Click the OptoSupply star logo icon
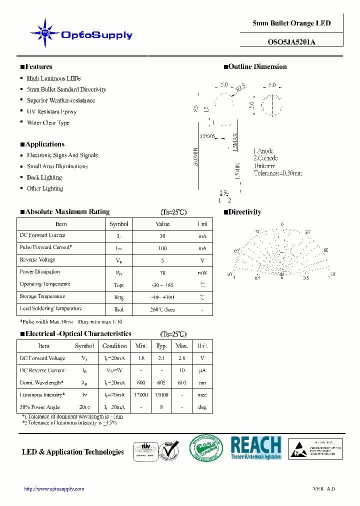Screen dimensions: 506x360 (44, 33)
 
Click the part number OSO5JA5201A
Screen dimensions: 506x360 (291, 42)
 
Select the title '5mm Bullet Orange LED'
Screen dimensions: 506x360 (291, 23)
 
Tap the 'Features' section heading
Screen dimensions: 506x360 (38, 67)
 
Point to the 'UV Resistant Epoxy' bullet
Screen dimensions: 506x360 (51, 111)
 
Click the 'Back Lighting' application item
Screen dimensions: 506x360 (44, 177)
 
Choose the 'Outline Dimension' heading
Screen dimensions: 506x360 (257, 67)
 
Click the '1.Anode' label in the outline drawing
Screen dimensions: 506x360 (263, 151)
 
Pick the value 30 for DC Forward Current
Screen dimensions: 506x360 (162, 235)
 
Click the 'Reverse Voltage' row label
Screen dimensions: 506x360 (37, 260)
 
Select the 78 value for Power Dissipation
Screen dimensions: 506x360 (162, 272)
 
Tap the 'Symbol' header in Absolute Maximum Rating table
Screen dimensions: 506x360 (119, 224)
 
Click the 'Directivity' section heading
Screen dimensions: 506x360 (244, 212)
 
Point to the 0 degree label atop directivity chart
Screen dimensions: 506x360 (282, 224)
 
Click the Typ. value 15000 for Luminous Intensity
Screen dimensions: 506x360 (161, 395)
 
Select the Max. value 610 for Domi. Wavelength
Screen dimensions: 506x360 (182, 383)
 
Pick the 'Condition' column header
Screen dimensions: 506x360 (114, 346)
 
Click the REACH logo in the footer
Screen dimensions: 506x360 (256, 447)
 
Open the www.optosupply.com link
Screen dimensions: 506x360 (54, 489)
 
